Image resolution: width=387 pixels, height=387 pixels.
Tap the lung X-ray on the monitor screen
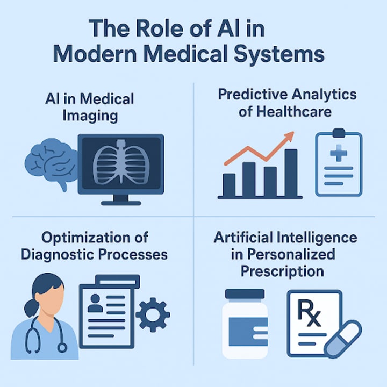pyautogui.click(x=121, y=164)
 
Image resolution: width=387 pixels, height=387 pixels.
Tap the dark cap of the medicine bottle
pyautogui.click(x=245, y=294)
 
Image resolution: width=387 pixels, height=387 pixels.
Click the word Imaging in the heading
pyautogui.click(x=90, y=115)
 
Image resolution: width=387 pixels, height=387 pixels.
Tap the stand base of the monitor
pyautogui.click(x=121, y=202)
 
